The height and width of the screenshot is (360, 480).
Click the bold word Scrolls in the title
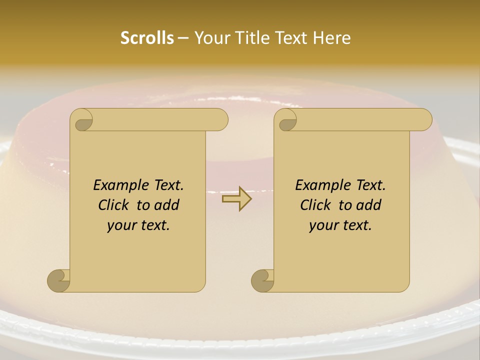(x=147, y=37)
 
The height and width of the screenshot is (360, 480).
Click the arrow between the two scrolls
(x=236, y=199)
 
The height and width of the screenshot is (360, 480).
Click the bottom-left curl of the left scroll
(x=59, y=280)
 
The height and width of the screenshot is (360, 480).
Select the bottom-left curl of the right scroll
(x=263, y=280)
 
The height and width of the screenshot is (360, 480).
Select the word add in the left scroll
(x=167, y=205)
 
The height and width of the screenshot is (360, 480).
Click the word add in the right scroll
(x=369, y=205)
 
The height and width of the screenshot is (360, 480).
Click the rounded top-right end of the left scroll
(x=220, y=120)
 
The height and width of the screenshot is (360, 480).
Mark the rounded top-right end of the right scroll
(x=424, y=120)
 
